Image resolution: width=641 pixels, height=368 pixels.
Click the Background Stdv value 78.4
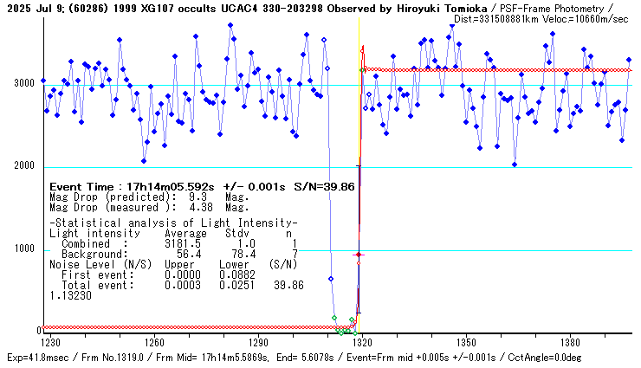coord(235,254)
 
